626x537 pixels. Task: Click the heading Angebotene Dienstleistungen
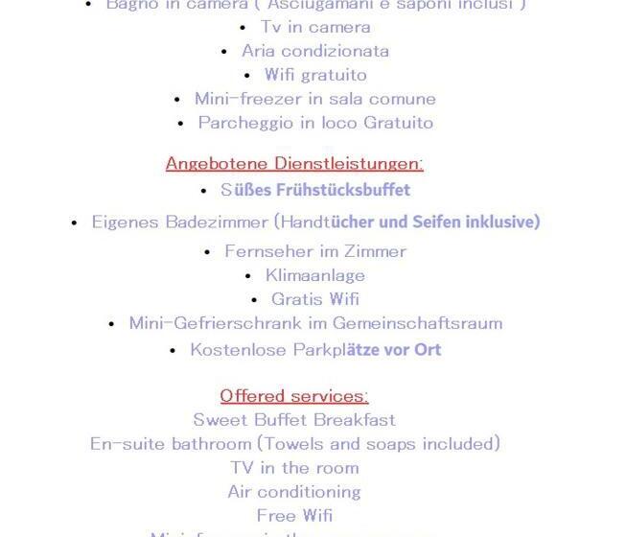pyautogui.click(x=294, y=163)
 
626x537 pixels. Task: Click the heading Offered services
pyautogui.click(x=294, y=396)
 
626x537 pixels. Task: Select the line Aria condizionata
pyautogui.click(x=314, y=51)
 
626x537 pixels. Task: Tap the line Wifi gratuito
pyautogui.click(x=315, y=75)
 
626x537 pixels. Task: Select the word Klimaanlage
pyautogui.click(x=314, y=275)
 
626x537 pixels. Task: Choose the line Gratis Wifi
pyautogui.click(x=314, y=299)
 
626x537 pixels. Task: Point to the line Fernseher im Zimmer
pyautogui.click(x=315, y=251)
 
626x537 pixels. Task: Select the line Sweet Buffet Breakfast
pyautogui.click(x=294, y=420)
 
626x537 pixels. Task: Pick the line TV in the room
pyautogui.click(x=294, y=468)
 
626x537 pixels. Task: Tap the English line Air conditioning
pyautogui.click(x=294, y=492)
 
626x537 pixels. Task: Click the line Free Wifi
pyautogui.click(x=294, y=516)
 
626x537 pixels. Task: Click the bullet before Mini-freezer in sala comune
pyautogui.click(x=177, y=100)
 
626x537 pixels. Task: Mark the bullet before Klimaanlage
pyautogui.click(x=248, y=276)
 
